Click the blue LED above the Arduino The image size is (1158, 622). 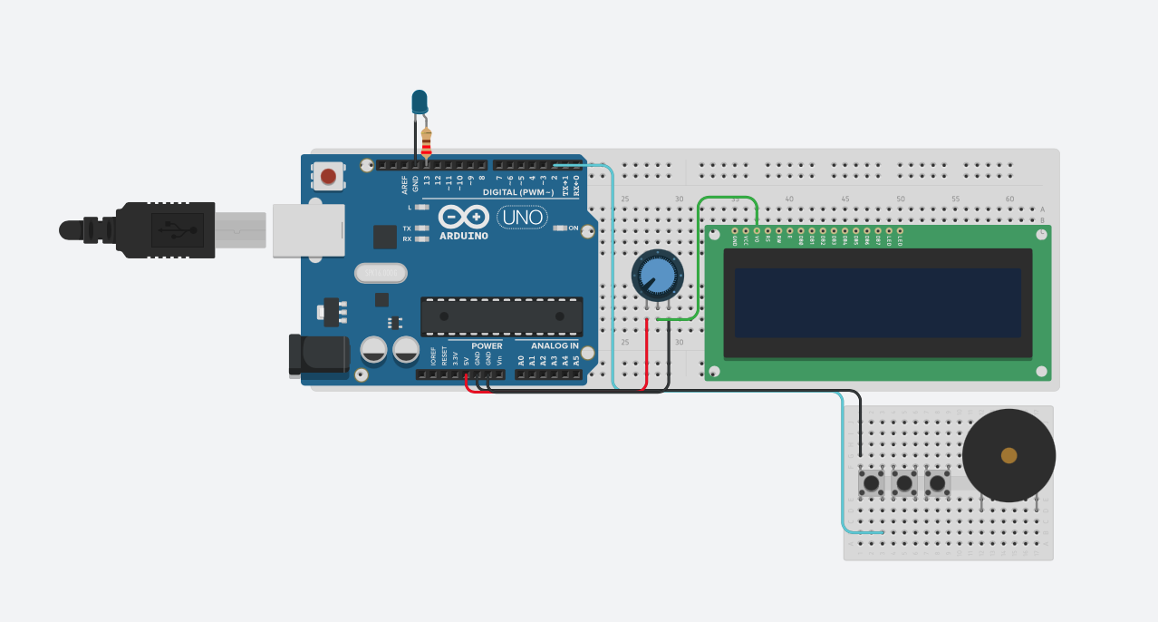click(420, 102)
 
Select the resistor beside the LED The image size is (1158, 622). click(426, 143)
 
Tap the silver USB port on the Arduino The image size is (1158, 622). click(308, 230)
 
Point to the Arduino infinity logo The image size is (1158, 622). click(464, 217)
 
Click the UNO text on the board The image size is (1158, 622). click(522, 217)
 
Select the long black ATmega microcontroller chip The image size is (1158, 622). click(501, 316)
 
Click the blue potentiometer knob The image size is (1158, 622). click(657, 275)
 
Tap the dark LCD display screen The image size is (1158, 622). click(877, 303)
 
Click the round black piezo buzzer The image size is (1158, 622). click(1008, 455)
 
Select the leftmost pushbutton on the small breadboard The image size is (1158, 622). click(871, 482)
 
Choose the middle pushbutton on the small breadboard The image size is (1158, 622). click(904, 482)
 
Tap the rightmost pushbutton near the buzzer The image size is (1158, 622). click(937, 482)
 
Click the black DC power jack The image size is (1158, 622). click(318, 354)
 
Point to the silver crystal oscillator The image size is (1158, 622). click(381, 273)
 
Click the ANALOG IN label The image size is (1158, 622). click(555, 345)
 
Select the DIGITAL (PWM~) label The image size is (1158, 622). click(517, 192)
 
